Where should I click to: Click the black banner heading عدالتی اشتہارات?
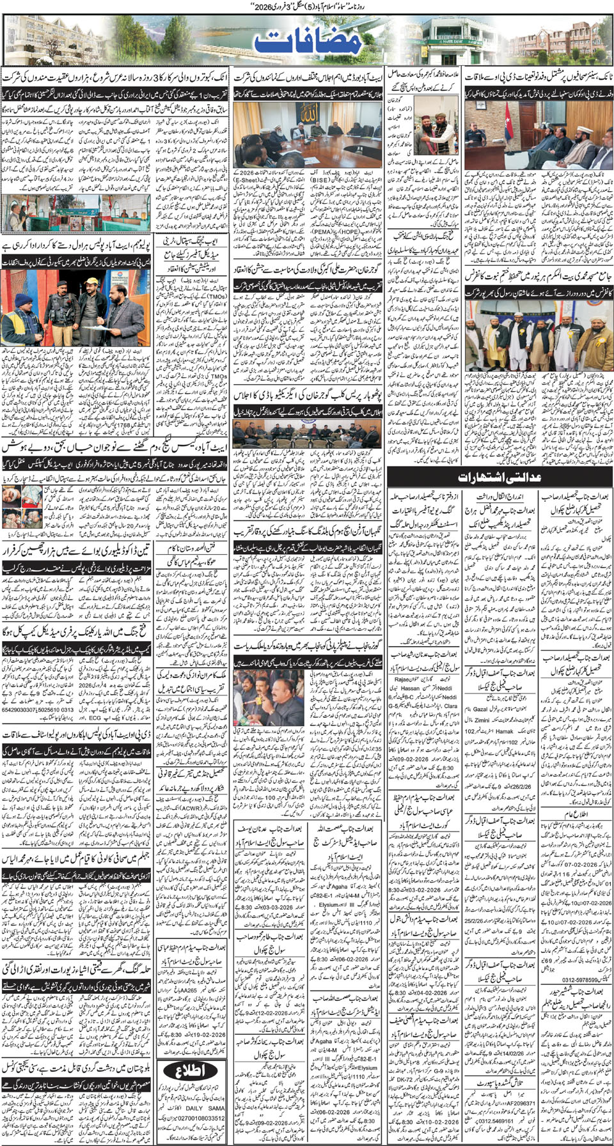(500, 477)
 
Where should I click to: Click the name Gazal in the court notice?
(480, 709)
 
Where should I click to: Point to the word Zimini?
(482, 720)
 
